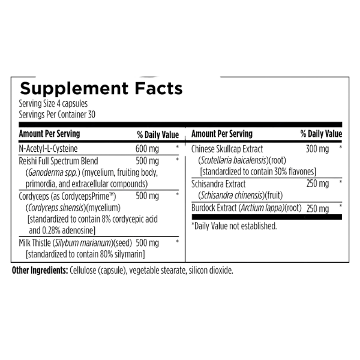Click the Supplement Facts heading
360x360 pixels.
coord(101,89)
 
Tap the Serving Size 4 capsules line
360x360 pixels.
coord(53,104)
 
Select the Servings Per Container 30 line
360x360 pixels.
coord(57,115)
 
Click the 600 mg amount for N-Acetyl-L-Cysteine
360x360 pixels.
coord(147,149)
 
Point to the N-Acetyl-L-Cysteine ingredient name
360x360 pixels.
coord(48,149)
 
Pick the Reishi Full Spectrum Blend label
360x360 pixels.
coord(58,161)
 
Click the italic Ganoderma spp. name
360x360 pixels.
coord(53,173)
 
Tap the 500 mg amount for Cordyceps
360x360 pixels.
coord(147,196)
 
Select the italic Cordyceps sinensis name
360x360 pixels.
coord(56,208)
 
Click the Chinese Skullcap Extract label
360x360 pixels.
coord(227,149)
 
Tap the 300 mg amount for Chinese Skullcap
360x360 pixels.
coord(317,149)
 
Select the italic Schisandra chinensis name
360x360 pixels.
coord(232,196)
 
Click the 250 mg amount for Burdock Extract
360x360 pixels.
coord(318,208)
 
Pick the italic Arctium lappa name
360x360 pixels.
coord(262,208)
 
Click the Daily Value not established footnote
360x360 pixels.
coord(234,226)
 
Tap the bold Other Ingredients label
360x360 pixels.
coord(40,271)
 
